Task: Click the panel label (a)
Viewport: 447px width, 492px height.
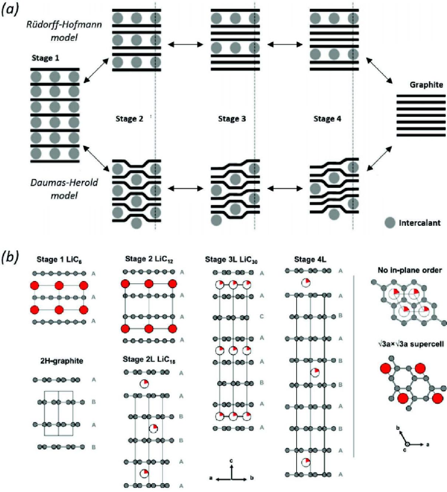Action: tap(13, 11)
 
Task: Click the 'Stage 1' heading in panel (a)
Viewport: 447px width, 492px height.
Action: tap(47, 59)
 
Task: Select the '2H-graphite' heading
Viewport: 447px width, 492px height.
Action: tap(57, 358)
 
